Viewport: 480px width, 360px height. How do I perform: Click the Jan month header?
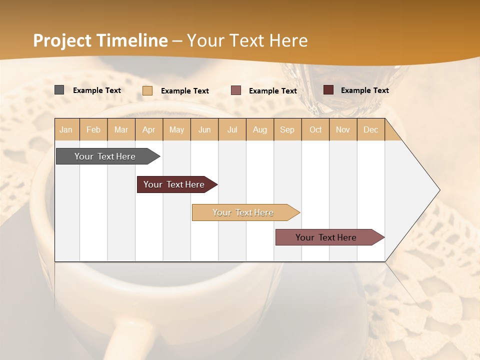(66, 129)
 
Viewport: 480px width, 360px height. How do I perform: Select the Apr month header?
(149, 129)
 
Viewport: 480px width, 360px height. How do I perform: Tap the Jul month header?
(232, 129)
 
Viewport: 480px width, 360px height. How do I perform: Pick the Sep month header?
(287, 129)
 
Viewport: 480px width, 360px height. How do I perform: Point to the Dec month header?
(370, 129)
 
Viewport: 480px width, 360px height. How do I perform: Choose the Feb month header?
(93, 129)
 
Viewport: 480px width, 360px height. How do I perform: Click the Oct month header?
(315, 129)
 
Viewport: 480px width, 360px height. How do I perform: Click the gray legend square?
(59, 90)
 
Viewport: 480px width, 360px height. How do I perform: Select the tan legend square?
(147, 90)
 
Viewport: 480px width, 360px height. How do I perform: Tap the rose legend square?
(236, 90)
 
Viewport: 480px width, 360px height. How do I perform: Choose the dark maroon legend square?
(328, 90)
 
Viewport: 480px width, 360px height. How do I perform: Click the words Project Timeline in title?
(100, 40)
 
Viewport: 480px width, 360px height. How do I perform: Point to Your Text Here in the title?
(247, 40)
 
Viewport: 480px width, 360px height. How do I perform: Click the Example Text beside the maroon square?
(364, 90)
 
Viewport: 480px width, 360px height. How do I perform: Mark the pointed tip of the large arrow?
(439, 190)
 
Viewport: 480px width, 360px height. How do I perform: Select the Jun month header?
(204, 129)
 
